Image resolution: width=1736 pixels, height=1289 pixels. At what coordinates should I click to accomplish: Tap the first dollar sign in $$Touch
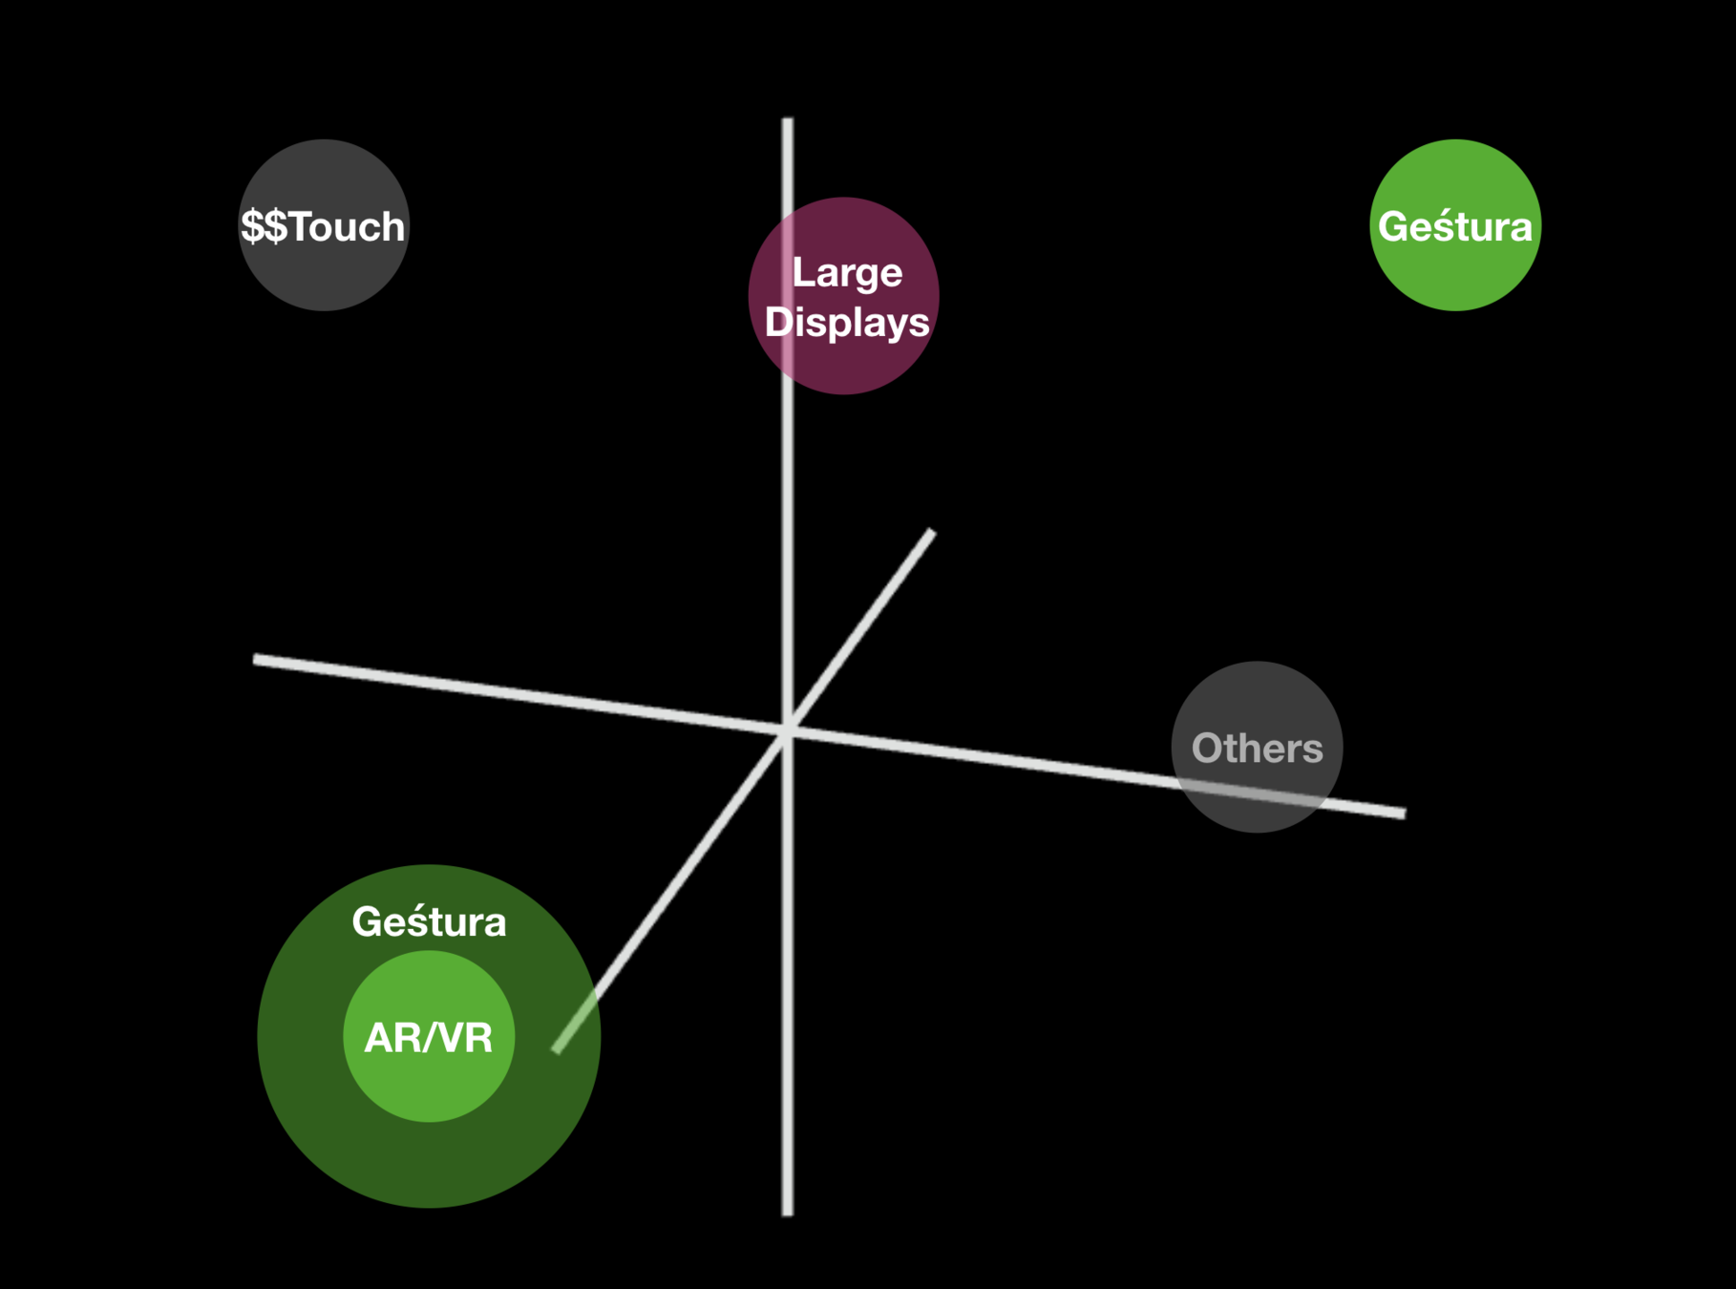[252, 227]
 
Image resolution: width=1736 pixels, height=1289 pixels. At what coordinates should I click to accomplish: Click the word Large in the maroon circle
[847, 273]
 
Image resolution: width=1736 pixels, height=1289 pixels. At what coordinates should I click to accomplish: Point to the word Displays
[847, 323]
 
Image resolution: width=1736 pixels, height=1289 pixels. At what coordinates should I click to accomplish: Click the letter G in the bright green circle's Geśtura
[1392, 227]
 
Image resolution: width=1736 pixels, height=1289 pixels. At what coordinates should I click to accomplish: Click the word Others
[1257, 749]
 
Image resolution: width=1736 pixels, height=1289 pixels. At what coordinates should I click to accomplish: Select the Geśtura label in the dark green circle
[429, 922]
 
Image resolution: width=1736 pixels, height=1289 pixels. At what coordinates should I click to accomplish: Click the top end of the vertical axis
[787, 121]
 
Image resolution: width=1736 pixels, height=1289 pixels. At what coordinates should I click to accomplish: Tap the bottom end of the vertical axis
[787, 1213]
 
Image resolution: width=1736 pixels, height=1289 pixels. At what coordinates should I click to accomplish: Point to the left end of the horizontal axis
[256, 659]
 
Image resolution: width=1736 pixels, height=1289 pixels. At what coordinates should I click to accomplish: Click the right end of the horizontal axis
[1403, 814]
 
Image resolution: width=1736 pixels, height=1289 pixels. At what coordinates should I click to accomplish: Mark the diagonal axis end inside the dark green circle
[557, 1049]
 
